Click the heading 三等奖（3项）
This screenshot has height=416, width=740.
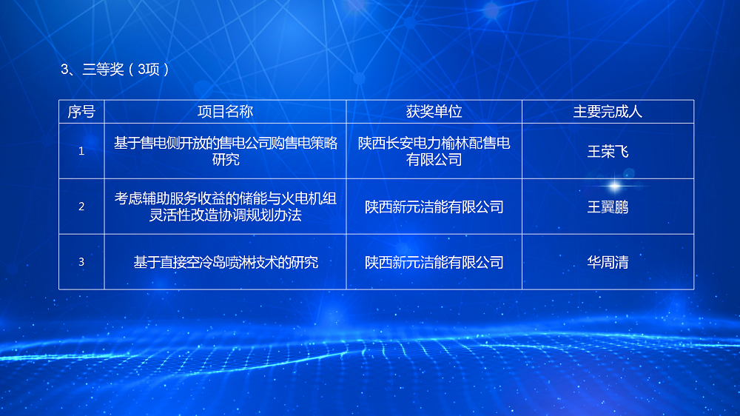(115, 70)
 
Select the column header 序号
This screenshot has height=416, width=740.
(81, 112)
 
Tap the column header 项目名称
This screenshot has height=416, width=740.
(225, 112)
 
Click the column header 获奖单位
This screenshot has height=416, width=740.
(434, 112)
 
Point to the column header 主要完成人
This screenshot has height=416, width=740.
(608, 112)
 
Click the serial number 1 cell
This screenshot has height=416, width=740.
(81, 151)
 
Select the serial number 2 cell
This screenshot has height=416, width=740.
(81, 207)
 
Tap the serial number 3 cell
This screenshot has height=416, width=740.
(81, 261)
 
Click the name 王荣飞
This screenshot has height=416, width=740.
(608, 152)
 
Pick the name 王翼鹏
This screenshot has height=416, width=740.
(608, 207)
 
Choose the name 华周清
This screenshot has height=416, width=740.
(608, 262)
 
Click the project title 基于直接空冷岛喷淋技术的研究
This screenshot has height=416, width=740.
(226, 262)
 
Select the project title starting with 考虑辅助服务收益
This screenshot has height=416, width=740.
(225, 207)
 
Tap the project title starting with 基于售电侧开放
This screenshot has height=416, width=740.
(226, 151)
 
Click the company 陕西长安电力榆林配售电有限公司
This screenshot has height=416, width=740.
(434, 151)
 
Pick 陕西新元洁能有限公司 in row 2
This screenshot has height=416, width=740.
(434, 207)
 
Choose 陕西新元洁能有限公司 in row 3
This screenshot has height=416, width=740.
(434, 262)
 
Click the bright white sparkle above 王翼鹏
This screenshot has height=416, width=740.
(614, 186)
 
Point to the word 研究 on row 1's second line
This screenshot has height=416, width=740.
(226, 160)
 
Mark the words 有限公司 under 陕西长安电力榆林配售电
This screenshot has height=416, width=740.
(434, 160)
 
